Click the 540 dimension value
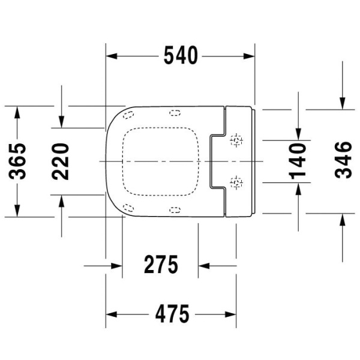click(180, 56)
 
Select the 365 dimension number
click(20, 161)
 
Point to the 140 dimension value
click(298, 161)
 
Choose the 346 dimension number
click(343, 161)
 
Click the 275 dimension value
click(161, 265)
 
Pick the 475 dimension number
click(170, 313)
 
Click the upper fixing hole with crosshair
click(237, 141)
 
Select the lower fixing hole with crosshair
click(237, 181)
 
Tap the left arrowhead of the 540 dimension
click(111, 56)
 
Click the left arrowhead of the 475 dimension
click(111, 314)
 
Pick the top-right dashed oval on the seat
click(175, 112)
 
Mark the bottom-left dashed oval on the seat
click(128, 208)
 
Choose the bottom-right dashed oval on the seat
click(175, 209)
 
